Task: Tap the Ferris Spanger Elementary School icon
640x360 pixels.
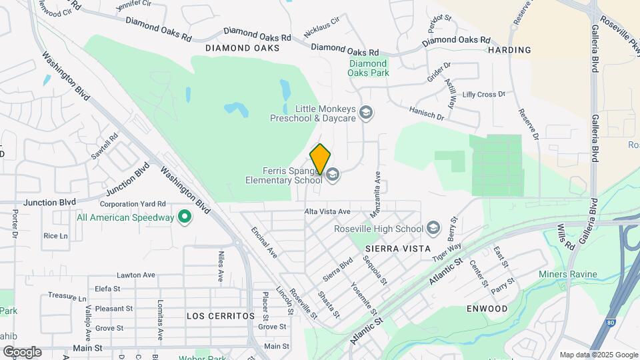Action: click(x=333, y=175)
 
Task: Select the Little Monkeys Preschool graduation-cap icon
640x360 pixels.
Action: click(x=365, y=113)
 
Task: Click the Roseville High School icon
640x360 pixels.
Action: click(x=434, y=229)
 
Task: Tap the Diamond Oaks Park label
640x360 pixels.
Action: click(x=369, y=68)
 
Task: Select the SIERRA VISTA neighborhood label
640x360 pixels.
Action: click(x=391, y=248)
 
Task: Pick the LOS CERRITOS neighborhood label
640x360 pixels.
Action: click(x=221, y=315)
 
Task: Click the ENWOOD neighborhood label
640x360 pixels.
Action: click(x=487, y=309)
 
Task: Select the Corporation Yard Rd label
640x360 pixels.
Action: click(x=133, y=204)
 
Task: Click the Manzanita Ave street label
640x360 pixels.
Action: click(x=377, y=186)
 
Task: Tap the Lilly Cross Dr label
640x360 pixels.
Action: click(x=483, y=95)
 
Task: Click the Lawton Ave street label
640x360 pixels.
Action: click(x=136, y=275)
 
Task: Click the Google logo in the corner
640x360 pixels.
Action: click(x=22, y=351)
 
